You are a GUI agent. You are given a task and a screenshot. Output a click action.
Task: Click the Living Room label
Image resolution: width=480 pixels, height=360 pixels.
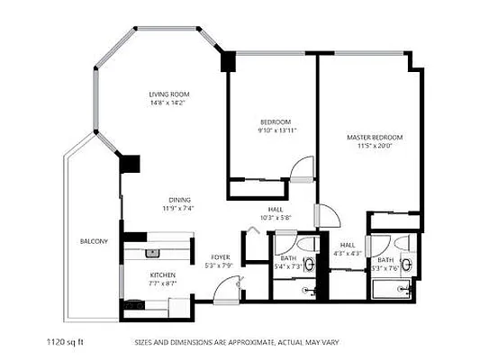(x=169, y=94)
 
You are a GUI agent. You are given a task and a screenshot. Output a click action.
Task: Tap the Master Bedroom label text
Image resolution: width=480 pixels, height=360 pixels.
(x=375, y=138)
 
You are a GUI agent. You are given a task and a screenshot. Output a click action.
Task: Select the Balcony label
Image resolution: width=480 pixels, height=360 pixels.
(x=94, y=241)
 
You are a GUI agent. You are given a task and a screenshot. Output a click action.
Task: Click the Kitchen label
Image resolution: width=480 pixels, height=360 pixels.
(x=162, y=274)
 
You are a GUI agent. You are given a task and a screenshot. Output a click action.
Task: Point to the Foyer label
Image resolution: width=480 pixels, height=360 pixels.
(x=220, y=256)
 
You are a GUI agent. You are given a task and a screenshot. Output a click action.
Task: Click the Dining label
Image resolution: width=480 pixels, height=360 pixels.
(x=178, y=200)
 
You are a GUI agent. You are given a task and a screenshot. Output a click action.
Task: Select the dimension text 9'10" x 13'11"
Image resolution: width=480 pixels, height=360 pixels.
(x=276, y=130)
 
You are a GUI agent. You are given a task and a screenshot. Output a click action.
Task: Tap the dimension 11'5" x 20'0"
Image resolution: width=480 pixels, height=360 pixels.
(x=375, y=147)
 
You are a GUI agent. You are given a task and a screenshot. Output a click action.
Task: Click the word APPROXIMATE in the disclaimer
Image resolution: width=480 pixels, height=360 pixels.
(x=238, y=343)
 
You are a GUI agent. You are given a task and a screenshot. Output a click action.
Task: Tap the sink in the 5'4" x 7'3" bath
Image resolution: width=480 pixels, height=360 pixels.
(x=310, y=264)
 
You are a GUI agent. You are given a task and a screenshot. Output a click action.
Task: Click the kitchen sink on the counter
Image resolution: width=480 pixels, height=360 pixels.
(x=152, y=253)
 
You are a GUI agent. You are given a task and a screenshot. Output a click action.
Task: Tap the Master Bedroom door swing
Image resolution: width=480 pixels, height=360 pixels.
(x=326, y=216)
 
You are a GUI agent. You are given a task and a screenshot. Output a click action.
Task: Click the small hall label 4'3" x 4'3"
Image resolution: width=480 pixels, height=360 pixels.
(x=348, y=249)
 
